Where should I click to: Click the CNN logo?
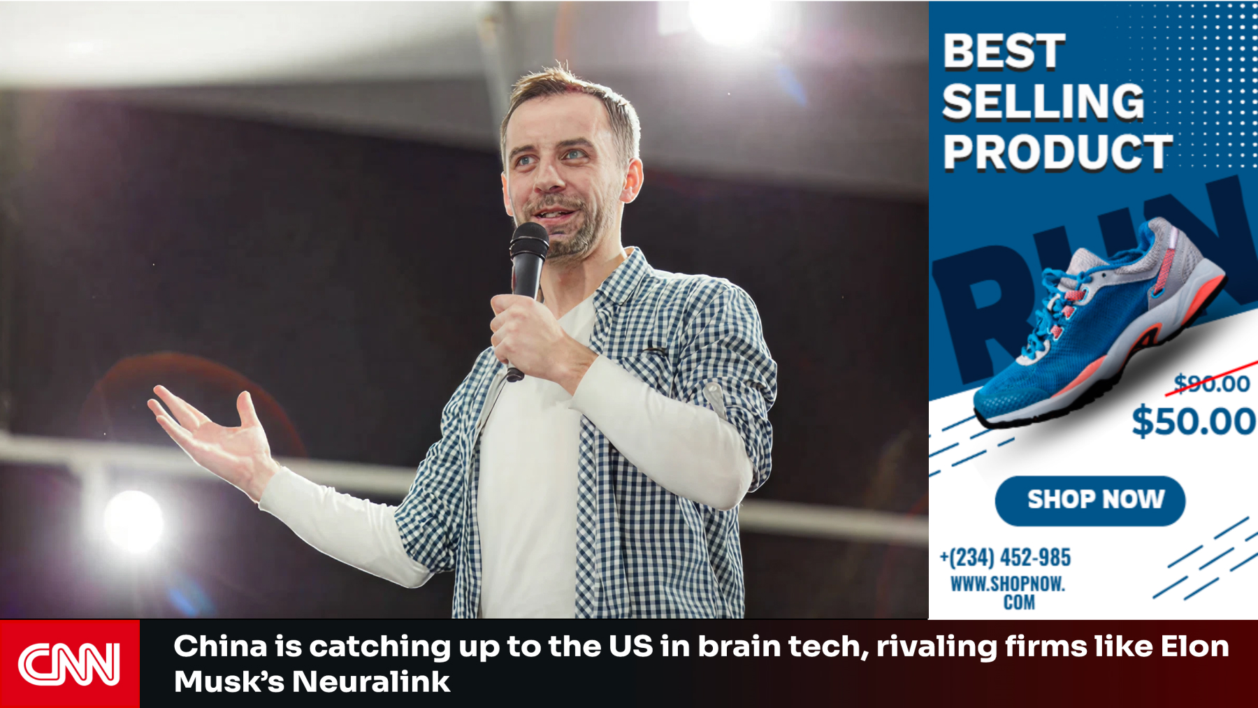tap(68, 664)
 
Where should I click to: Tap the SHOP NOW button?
tap(1090, 500)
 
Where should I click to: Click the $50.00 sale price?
tap(1193, 421)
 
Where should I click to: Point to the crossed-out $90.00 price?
tap(1212, 383)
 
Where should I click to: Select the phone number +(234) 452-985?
tap(1005, 557)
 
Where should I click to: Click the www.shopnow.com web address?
tap(1008, 593)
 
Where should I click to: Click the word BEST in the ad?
tap(1004, 52)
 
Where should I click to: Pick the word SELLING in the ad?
tap(1043, 102)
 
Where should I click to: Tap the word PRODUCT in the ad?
tap(1057, 152)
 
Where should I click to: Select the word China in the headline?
tap(220, 646)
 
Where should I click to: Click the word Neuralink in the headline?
tap(371, 681)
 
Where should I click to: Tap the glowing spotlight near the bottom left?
tap(133, 521)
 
